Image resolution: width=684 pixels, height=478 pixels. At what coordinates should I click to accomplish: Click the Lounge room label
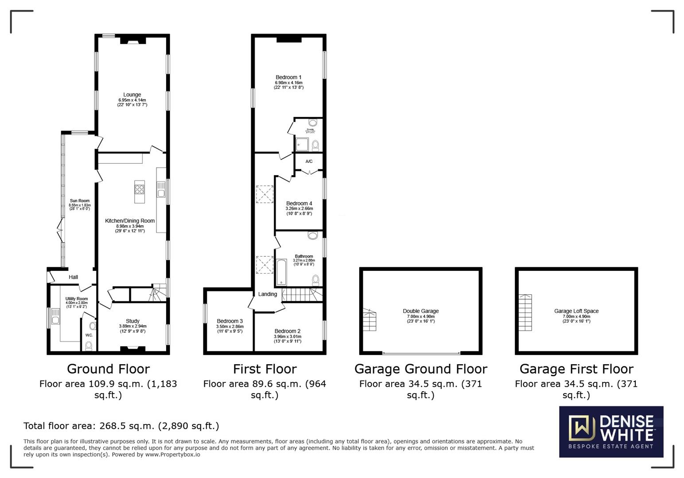pyautogui.click(x=132, y=95)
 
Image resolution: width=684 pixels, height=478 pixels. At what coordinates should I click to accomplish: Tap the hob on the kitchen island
pyautogui.click(x=140, y=189)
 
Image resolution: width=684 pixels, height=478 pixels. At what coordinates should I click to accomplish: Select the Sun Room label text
pyautogui.click(x=80, y=201)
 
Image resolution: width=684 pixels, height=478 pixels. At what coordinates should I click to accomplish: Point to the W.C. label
pyautogui.click(x=89, y=335)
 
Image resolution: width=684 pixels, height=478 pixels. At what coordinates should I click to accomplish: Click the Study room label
pyautogui.click(x=132, y=321)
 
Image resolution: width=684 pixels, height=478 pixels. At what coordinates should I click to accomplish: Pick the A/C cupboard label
pyautogui.click(x=309, y=162)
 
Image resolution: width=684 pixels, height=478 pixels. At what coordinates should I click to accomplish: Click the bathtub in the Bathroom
pyautogui.click(x=282, y=272)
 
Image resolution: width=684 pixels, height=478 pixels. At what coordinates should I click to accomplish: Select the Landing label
pyautogui.click(x=268, y=294)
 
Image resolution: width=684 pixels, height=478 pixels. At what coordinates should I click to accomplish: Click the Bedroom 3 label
pyautogui.click(x=229, y=321)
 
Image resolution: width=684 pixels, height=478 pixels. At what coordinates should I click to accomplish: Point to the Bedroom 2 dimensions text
pyautogui.click(x=288, y=339)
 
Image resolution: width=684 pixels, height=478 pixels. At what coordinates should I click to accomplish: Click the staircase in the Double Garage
pyautogui.click(x=369, y=320)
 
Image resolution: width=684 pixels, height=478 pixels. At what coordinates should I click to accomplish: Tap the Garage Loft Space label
pyautogui.click(x=576, y=311)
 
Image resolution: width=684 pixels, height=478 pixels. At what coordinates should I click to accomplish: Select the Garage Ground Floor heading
pyautogui.click(x=420, y=369)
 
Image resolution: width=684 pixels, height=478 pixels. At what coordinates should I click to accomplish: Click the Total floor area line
pyautogui.click(x=121, y=426)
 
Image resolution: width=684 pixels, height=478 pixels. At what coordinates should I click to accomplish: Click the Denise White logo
pyautogui.click(x=611, y=432)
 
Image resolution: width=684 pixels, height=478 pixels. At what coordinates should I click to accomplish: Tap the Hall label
pyautogui.click(x=73, y=278)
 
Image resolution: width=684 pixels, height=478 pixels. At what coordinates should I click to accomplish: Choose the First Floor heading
pyautogui.click(x=264, y=369)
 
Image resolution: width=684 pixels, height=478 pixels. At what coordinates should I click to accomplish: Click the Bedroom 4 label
pyautogui.click(x=299, y=204)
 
